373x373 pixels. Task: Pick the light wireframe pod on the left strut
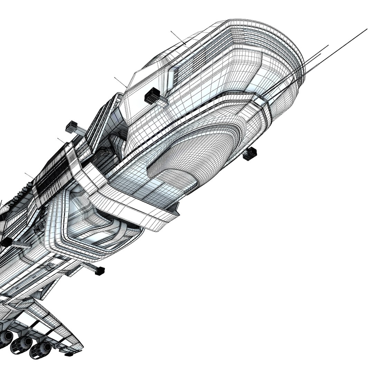[72, 127]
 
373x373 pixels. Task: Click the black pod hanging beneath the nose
[250, 154]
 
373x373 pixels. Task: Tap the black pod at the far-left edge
[6, 242]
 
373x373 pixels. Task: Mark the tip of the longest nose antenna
[366, 29]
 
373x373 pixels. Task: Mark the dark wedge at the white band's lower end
[174, 207]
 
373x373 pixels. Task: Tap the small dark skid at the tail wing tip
[69, 354]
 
